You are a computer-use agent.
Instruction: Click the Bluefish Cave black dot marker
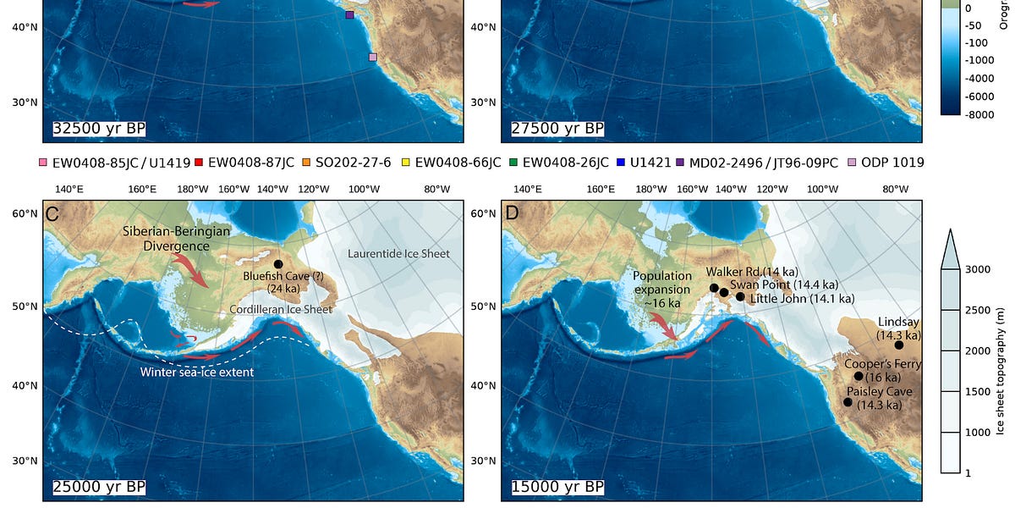coord(277,264)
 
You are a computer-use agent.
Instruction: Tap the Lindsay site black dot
coord(898,345)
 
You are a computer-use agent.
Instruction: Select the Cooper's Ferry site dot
coord(859,376)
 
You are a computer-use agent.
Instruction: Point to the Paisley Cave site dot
coord(848,402)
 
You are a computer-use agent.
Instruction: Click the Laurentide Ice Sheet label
coord(398,254)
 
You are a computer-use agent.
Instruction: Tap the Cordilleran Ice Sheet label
coord(281,310)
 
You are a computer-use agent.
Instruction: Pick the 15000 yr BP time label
coord(557,487)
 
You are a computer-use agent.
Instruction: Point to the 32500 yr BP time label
coord(99,129)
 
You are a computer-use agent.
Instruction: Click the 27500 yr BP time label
coord(557,129)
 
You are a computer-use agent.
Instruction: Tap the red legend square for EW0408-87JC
coord(199,162)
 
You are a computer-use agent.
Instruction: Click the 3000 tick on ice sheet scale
coord(978,269)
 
